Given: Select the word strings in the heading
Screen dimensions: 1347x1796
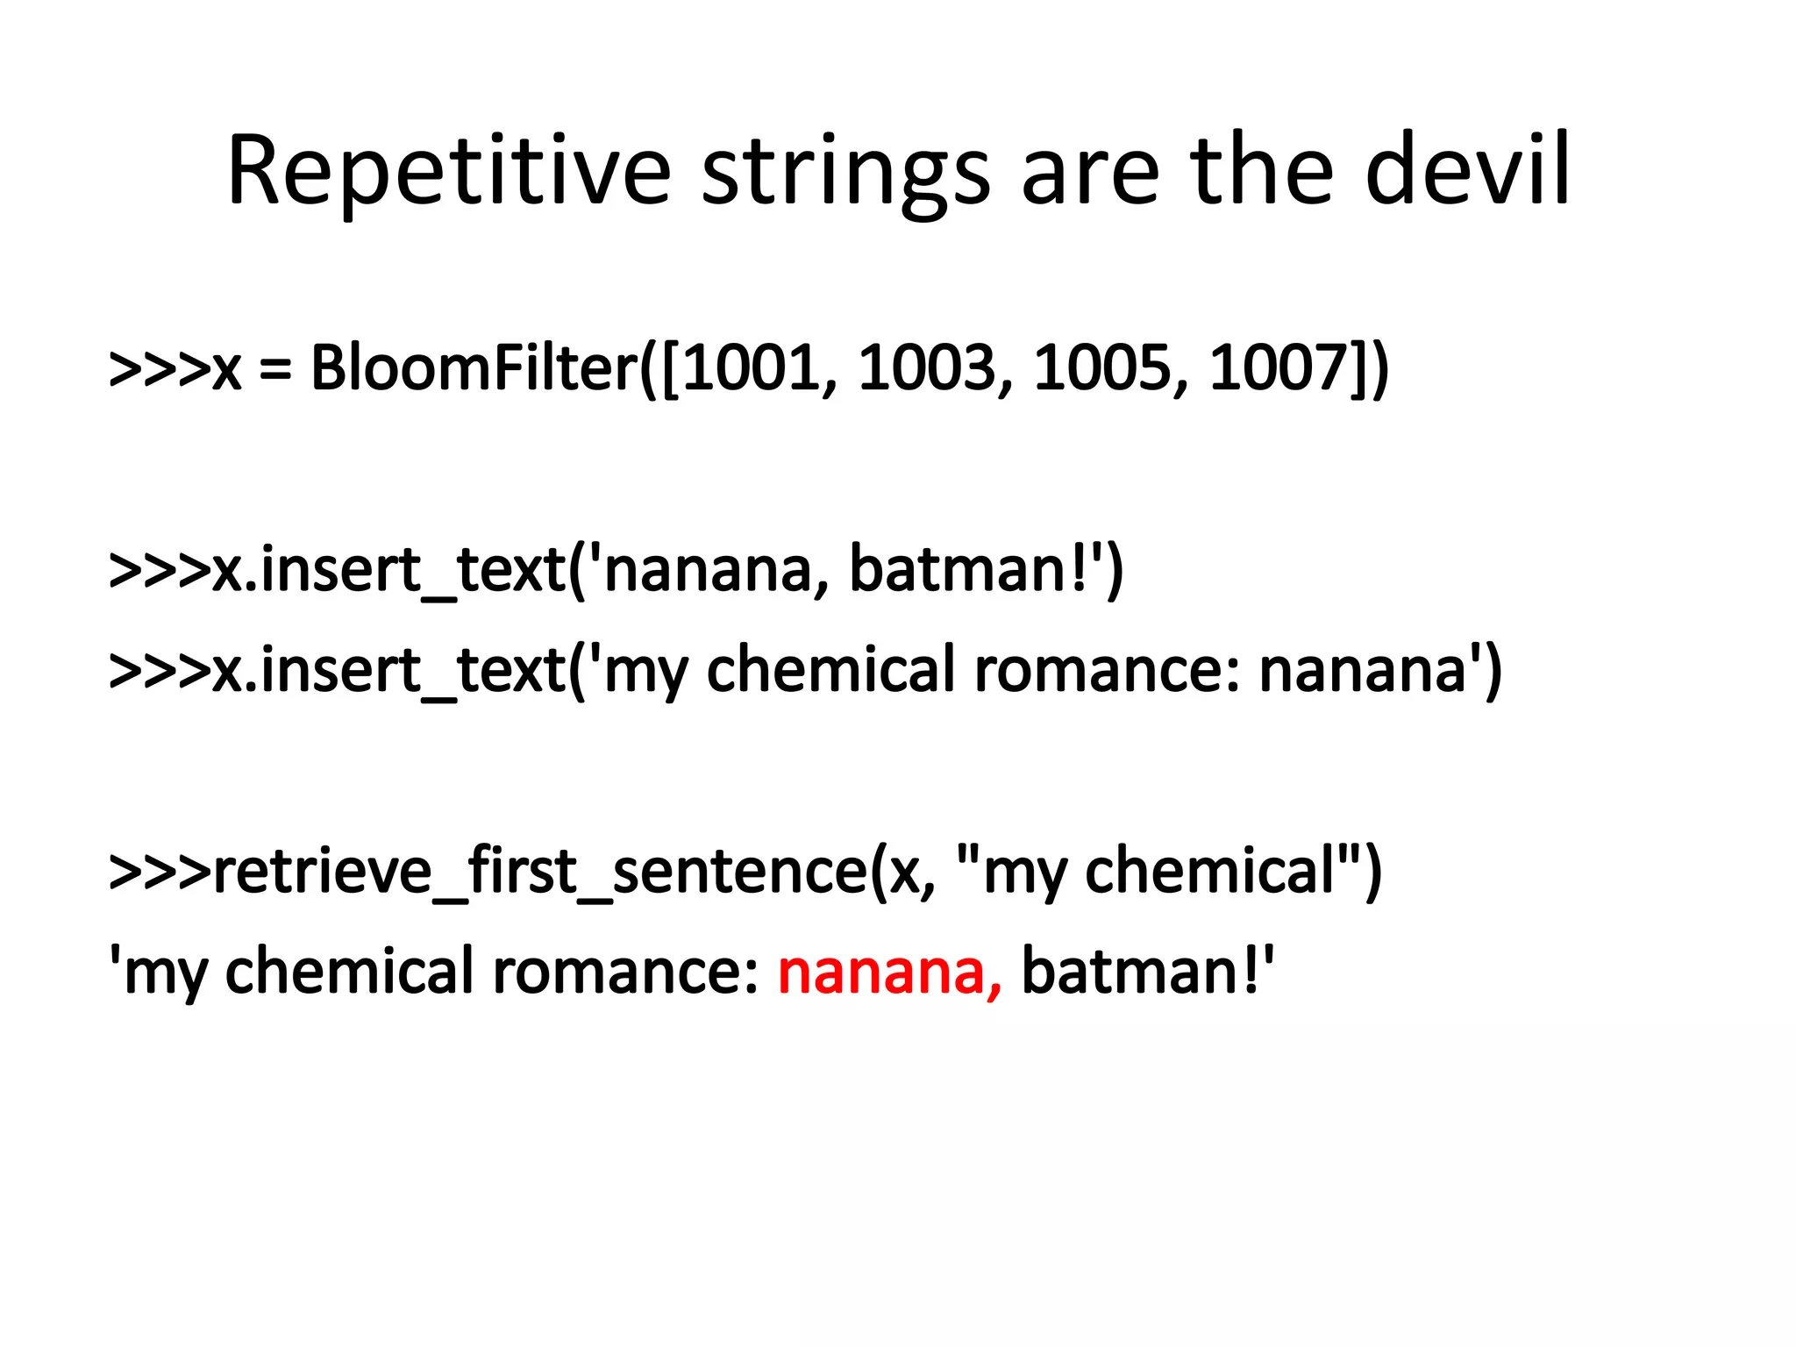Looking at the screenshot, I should click(845, 171).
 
